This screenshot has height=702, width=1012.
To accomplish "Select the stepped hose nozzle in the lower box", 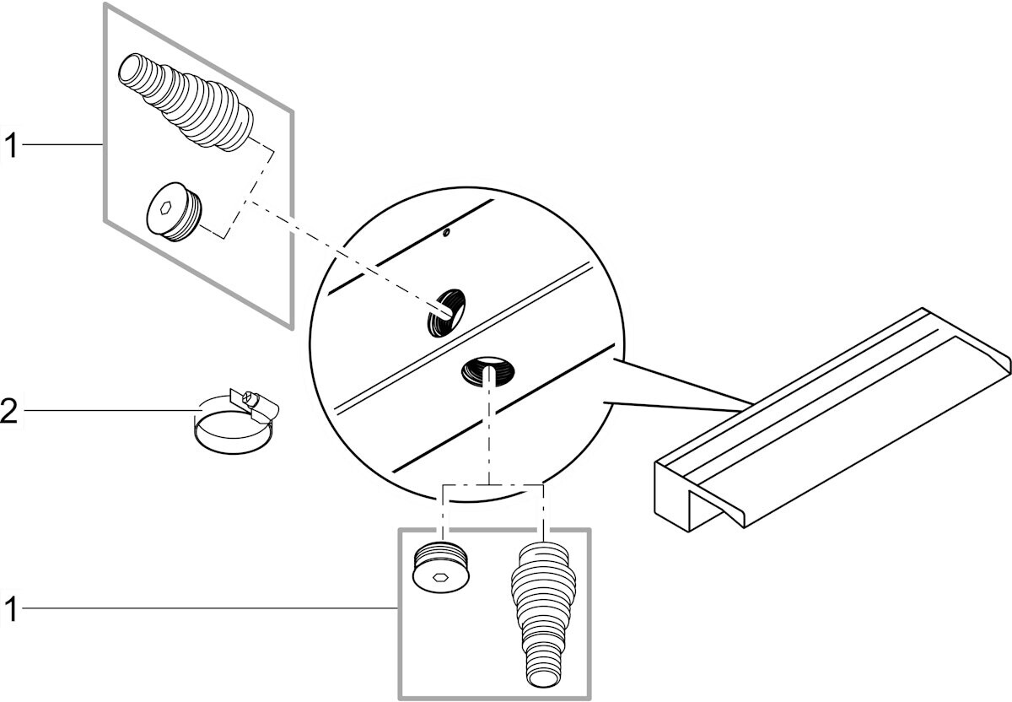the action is (544, 607).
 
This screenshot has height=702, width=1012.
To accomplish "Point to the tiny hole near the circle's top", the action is (447, 231).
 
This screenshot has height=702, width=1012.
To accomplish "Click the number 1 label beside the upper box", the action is (9, 145).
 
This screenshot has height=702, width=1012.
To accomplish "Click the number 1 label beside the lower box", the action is (9, 608).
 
